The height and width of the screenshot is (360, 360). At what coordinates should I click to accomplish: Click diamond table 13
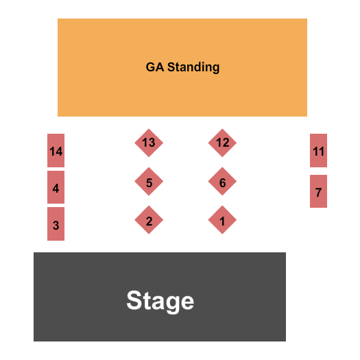click(149, 143)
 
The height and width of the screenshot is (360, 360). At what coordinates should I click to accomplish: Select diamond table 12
click(222, 143)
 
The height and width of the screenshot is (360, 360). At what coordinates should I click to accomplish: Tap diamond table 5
click(149, 182)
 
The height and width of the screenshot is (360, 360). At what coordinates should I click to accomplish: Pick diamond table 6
click(222, 182)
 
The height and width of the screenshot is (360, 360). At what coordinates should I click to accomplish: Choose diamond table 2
click(149, 220)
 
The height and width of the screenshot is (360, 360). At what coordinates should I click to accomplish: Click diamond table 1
click(222, 220)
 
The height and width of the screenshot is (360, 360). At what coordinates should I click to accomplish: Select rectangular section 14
click(56, 151)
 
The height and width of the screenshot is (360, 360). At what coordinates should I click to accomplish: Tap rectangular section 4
click(56, 187)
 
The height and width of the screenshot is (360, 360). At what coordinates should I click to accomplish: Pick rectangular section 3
click(56, 224)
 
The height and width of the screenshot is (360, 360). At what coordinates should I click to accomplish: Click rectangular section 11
click(318, 151)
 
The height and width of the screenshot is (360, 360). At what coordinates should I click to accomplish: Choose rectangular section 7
click(318, 191)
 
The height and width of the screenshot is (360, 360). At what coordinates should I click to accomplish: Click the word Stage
click(160, 300)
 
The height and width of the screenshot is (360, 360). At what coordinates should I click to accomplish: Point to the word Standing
click(193, 67)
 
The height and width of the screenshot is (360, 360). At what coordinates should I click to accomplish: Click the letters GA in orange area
click(154, 67)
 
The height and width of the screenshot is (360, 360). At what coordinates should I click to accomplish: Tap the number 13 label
click(149, 143)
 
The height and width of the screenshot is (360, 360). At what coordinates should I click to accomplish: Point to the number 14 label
click(56, 152)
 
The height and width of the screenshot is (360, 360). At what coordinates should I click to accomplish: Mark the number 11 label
click(318, 152)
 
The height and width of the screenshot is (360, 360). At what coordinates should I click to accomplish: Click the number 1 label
click(222, 221)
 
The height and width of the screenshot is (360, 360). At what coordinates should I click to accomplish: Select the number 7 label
click(318, 193)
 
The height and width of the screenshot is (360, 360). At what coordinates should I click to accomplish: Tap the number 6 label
click(222, 183)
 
